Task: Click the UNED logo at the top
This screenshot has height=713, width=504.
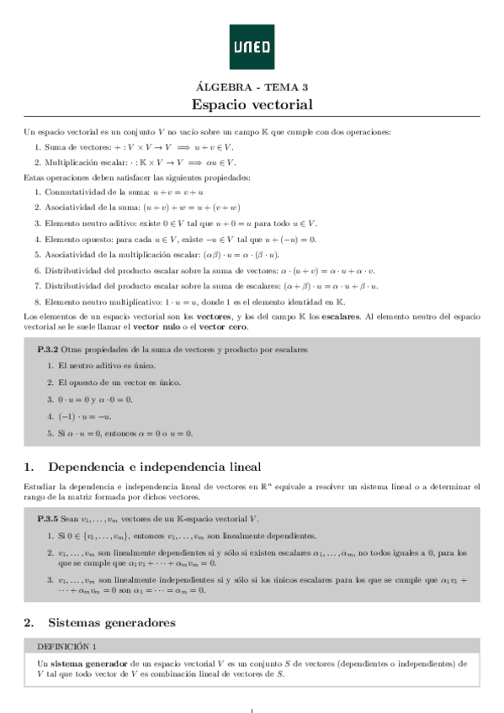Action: coord(252,47)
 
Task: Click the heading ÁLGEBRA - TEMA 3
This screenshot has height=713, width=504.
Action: coord(252,87)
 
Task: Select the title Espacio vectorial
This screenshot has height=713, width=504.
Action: coord(252,105)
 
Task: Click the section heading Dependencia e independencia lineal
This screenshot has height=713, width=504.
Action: coord(155,467)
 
